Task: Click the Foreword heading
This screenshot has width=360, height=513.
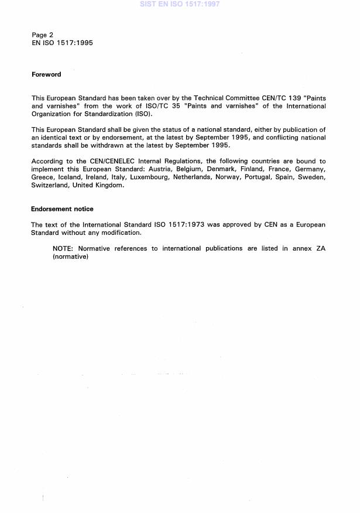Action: point(46,74)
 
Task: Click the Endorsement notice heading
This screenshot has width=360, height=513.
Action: point(62,209)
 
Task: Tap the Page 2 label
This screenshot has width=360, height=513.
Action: point(43,35)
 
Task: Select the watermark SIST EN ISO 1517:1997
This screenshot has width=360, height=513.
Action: point(180,4)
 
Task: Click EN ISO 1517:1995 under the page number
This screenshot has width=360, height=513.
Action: point(62,43)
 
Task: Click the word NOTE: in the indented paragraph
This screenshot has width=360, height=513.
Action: point(63,248)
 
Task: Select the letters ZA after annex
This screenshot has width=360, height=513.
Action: point(321,248)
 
